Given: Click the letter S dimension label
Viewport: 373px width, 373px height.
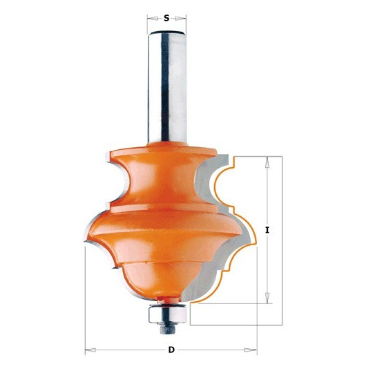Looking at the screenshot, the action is pos(166,18).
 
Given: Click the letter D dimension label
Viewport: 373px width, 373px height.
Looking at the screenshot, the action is pos(171,350).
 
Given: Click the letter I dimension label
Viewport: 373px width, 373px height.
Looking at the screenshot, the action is pos(267,230).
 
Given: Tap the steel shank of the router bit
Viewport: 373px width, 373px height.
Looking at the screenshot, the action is pos(167,87).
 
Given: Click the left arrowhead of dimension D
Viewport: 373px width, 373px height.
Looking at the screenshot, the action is pos(90,350).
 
